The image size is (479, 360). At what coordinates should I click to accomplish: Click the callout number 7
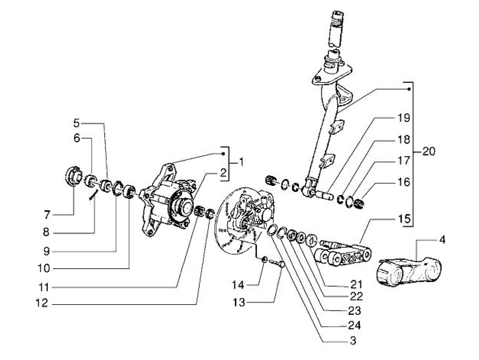pos(47,215)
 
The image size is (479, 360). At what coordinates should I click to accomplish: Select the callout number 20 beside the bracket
pos(429,151)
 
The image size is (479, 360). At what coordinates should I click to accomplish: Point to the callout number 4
pos(442,240)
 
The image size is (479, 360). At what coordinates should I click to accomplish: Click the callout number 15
pos(404,219)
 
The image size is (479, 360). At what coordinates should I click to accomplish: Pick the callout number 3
pos(353,340)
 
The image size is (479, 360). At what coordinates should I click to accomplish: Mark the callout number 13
pos(239,303)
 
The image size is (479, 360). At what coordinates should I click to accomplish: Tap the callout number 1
pos(241,162)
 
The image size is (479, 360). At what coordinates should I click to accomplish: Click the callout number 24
pos(354,325)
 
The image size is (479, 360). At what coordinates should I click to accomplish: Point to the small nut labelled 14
pos(264,259)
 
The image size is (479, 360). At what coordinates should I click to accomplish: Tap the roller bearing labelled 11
pos(199,211)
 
